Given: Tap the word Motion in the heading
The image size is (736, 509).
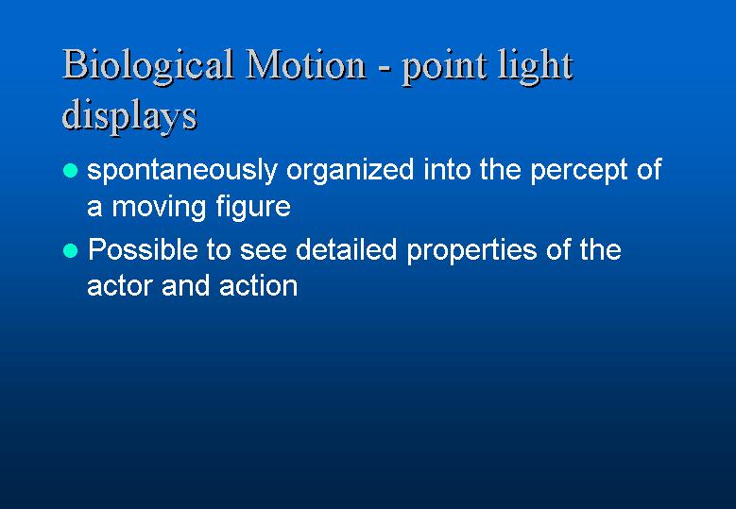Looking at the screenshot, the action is click(305, 64).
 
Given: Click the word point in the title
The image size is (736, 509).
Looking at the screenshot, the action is click(444, 69).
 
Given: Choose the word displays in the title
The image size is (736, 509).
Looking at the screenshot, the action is click(129, 116).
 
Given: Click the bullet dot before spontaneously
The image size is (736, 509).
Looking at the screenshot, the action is click(70, 170).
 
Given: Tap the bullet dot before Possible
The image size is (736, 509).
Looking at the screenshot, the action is click(70, 250).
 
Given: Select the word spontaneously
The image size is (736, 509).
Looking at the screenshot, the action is click(182, 170).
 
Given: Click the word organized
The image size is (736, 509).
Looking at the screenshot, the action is click(351, 170).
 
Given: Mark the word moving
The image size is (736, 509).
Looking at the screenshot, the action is click(159, 208).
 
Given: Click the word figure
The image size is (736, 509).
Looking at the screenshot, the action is click(253, 207).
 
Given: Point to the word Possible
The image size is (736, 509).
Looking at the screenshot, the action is click(143, 249).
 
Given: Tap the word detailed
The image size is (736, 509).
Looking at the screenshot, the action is click(347, 249).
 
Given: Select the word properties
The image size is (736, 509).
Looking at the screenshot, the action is click(471, 251).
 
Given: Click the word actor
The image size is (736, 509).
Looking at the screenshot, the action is click(120, 286).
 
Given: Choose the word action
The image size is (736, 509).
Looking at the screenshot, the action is click(258, 285).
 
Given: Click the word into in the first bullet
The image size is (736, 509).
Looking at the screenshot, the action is click(447, 169).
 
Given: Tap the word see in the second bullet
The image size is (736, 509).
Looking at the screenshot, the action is click(264, 251).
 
